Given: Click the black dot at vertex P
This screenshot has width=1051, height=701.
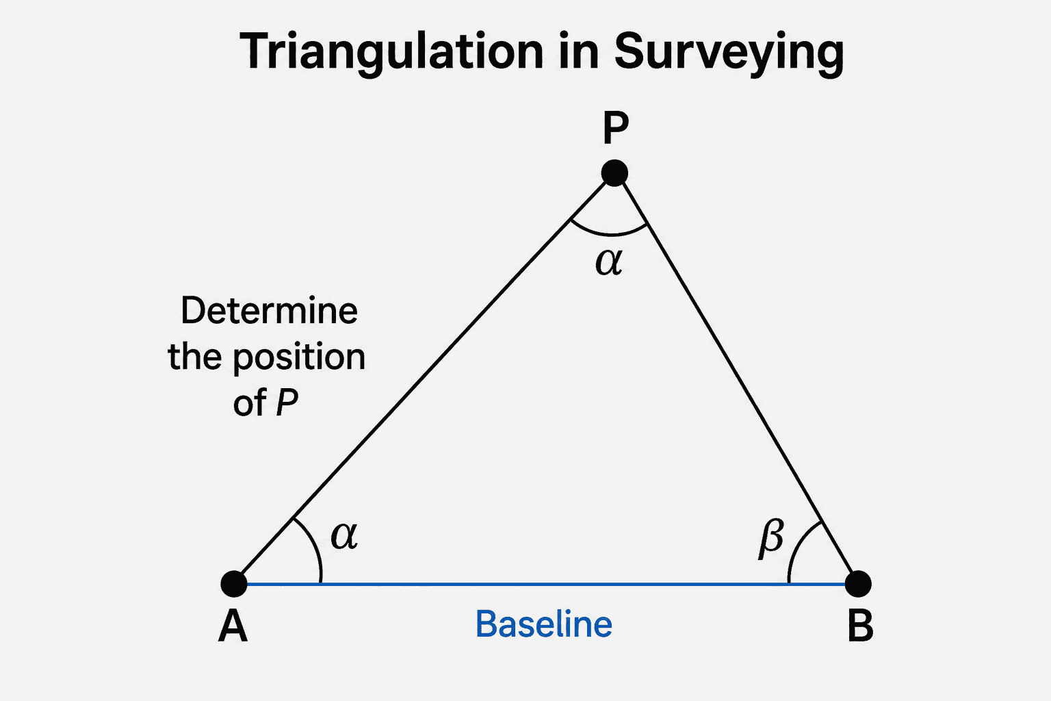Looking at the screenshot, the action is (x=614, y=173).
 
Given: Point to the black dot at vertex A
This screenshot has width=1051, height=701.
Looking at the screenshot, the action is (x=234, y=584).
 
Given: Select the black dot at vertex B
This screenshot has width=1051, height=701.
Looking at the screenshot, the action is (x=858, y=584).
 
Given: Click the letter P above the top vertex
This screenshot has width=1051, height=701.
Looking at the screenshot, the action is (x=615, y=127).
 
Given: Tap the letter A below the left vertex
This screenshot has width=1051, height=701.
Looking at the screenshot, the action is (x=233, y=626).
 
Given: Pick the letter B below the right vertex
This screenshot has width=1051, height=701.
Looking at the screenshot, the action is (x=861, y=626).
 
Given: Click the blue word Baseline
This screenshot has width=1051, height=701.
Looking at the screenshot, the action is (x=544, y=624).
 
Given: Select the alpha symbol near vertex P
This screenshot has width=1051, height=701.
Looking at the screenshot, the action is (x=609, y=262).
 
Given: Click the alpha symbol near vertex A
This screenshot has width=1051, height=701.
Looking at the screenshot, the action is (x=344, y=536).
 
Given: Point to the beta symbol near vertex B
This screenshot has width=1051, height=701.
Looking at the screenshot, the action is (x=771, y=538).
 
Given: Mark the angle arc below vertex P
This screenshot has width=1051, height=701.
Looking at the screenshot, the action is (x=610, y=233).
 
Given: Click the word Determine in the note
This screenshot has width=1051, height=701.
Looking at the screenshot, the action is (x=270, y=310).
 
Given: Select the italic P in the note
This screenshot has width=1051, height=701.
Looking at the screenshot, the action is (x=287, y=402).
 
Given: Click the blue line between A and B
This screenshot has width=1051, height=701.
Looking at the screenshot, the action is (x=546, y=584).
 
